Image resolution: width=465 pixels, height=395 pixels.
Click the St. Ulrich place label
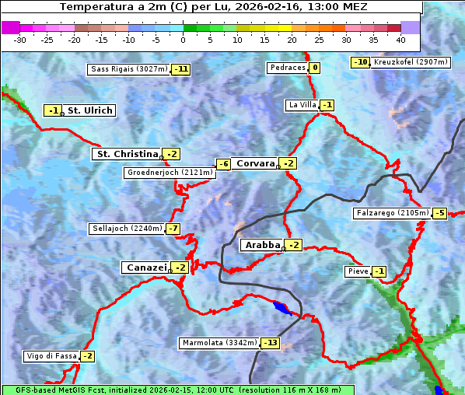coord(89,110)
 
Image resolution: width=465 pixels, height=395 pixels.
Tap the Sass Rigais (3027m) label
coord(128,69)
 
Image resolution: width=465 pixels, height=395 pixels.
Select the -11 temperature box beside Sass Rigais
coord(181,69)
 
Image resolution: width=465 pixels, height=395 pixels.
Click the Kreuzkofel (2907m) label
coord(409,62)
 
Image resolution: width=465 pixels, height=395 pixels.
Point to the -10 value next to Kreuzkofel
coord(360,62)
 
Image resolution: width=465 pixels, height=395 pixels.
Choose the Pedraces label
coord(287,68)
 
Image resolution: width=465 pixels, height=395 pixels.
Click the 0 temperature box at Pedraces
coord(314,68)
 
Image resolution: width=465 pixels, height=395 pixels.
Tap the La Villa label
coord(302,105)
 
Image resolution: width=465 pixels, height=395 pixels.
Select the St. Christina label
coord(126,154)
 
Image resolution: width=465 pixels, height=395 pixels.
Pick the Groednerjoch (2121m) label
coord(169,173)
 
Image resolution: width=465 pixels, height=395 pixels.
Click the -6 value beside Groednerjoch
coord(223,164)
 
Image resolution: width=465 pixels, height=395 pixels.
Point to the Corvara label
coord(255,163)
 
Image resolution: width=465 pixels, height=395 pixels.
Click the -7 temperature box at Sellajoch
coord(173,229)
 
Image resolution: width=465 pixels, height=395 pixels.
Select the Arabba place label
coord(261,245)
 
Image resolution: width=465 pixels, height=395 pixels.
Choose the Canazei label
coord(145,267)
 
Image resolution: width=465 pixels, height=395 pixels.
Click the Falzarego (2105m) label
coord(391,213)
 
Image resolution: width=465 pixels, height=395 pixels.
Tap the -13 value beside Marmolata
coord(270,343)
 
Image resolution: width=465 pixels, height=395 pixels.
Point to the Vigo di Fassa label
coord(51,356)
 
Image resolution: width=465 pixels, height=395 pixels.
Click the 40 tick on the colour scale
coord(400,40)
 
